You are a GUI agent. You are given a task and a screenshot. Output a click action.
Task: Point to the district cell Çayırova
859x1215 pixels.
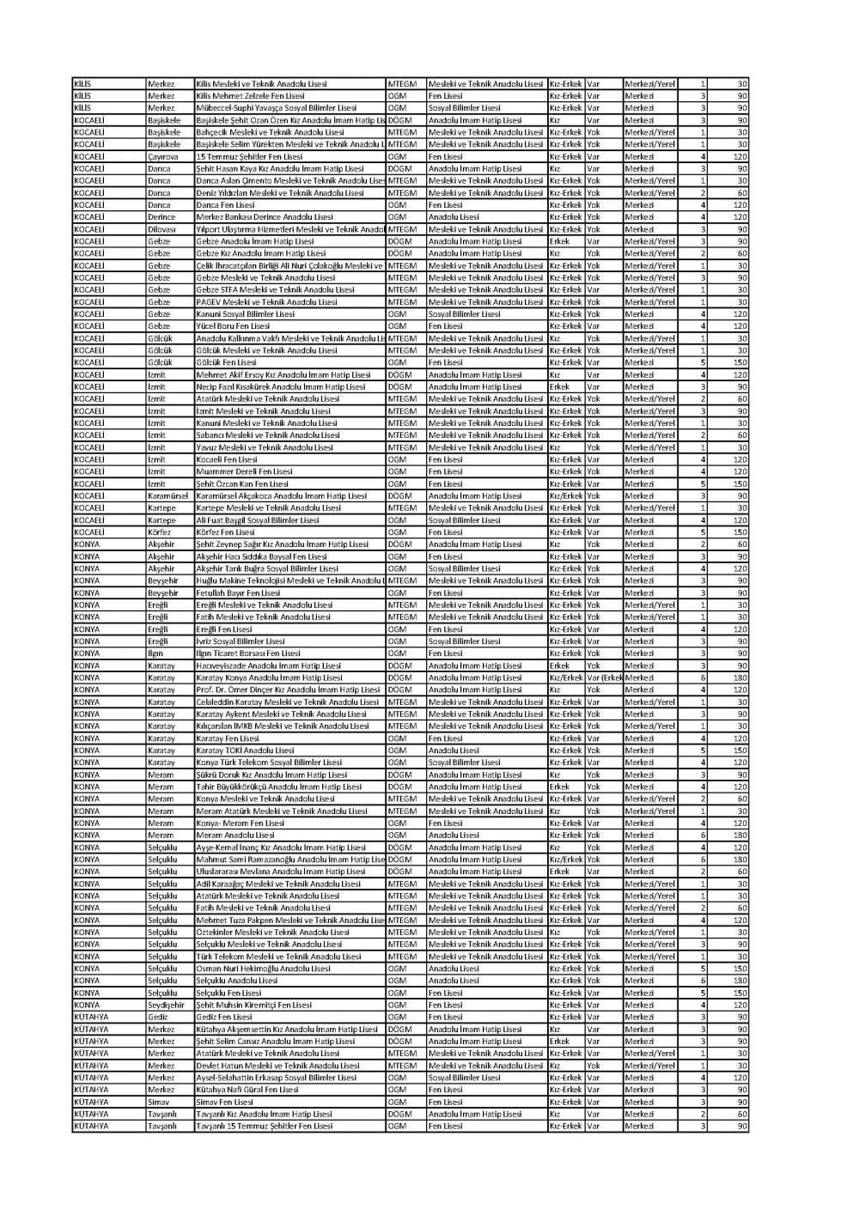point(163,157)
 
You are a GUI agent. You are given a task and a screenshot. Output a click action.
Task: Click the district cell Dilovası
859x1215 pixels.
point(161,229)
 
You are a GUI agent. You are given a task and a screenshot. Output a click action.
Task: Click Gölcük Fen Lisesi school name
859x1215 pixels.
point(227,362)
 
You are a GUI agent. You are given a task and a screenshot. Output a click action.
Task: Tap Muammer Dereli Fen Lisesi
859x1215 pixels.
point(244,471)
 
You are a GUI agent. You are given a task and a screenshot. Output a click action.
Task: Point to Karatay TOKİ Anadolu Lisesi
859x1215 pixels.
point(245,750)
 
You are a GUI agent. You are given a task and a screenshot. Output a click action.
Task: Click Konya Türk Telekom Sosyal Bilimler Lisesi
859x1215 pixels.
point(269,762)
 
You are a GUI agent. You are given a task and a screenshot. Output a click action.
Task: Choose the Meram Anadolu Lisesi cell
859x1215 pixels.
point(235,835)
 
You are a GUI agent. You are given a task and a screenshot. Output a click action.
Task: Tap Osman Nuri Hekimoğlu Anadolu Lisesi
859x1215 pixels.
point(263,969)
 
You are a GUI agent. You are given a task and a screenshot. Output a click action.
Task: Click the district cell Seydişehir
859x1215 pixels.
point(166,1005)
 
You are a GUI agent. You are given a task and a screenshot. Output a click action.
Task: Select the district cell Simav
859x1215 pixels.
point(159,1102)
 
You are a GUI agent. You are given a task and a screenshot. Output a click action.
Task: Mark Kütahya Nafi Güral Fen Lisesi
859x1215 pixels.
point(247,1090)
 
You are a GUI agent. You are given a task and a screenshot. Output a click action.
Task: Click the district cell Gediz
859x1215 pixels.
point(158,1017)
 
